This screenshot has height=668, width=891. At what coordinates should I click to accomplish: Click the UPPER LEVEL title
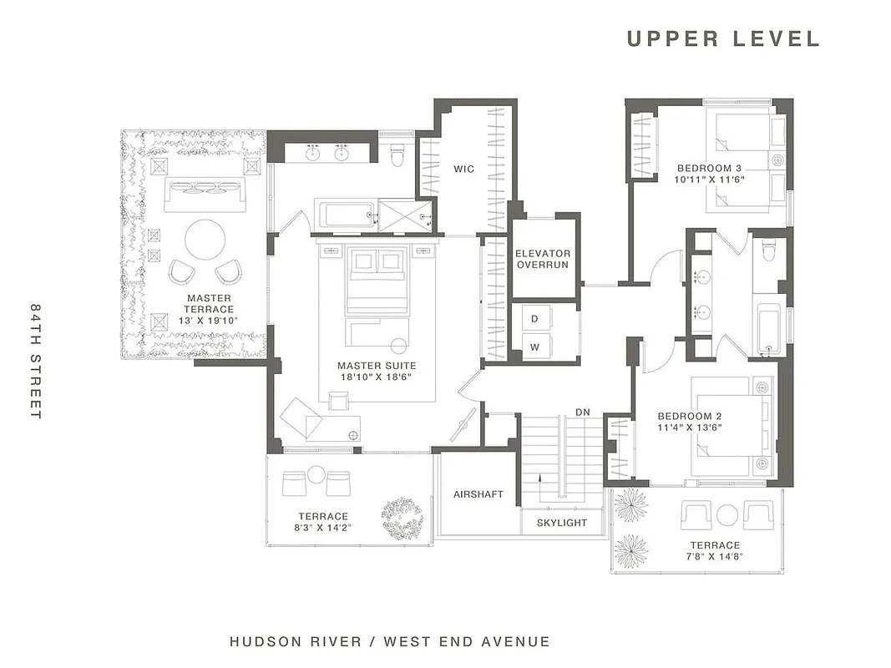(723, 38)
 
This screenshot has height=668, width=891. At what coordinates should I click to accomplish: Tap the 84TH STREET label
(35, 361)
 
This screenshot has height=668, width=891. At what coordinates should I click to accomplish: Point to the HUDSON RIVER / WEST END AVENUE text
(390, 642)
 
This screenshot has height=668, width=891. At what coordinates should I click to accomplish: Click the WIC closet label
(464, 170)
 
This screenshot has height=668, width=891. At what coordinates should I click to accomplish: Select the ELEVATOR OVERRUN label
(543, 259)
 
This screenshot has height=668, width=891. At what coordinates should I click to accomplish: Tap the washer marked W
(534, 346)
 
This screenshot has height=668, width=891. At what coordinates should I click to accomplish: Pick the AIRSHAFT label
(478, 494)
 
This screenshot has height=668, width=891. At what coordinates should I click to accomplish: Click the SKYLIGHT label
(563, 524)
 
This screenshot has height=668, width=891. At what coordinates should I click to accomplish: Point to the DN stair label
(584, 412)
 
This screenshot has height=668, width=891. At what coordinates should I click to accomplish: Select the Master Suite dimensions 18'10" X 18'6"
(376, 377)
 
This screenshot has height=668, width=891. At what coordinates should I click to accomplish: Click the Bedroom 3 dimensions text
(710, 179)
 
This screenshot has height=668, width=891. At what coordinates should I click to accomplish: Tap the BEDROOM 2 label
(690, 416)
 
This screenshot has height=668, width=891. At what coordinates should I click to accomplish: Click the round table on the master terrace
(205, 240)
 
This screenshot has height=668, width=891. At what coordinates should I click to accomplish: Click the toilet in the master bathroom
(397, 152)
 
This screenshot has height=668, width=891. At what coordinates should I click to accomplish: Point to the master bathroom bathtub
(345, 215)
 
